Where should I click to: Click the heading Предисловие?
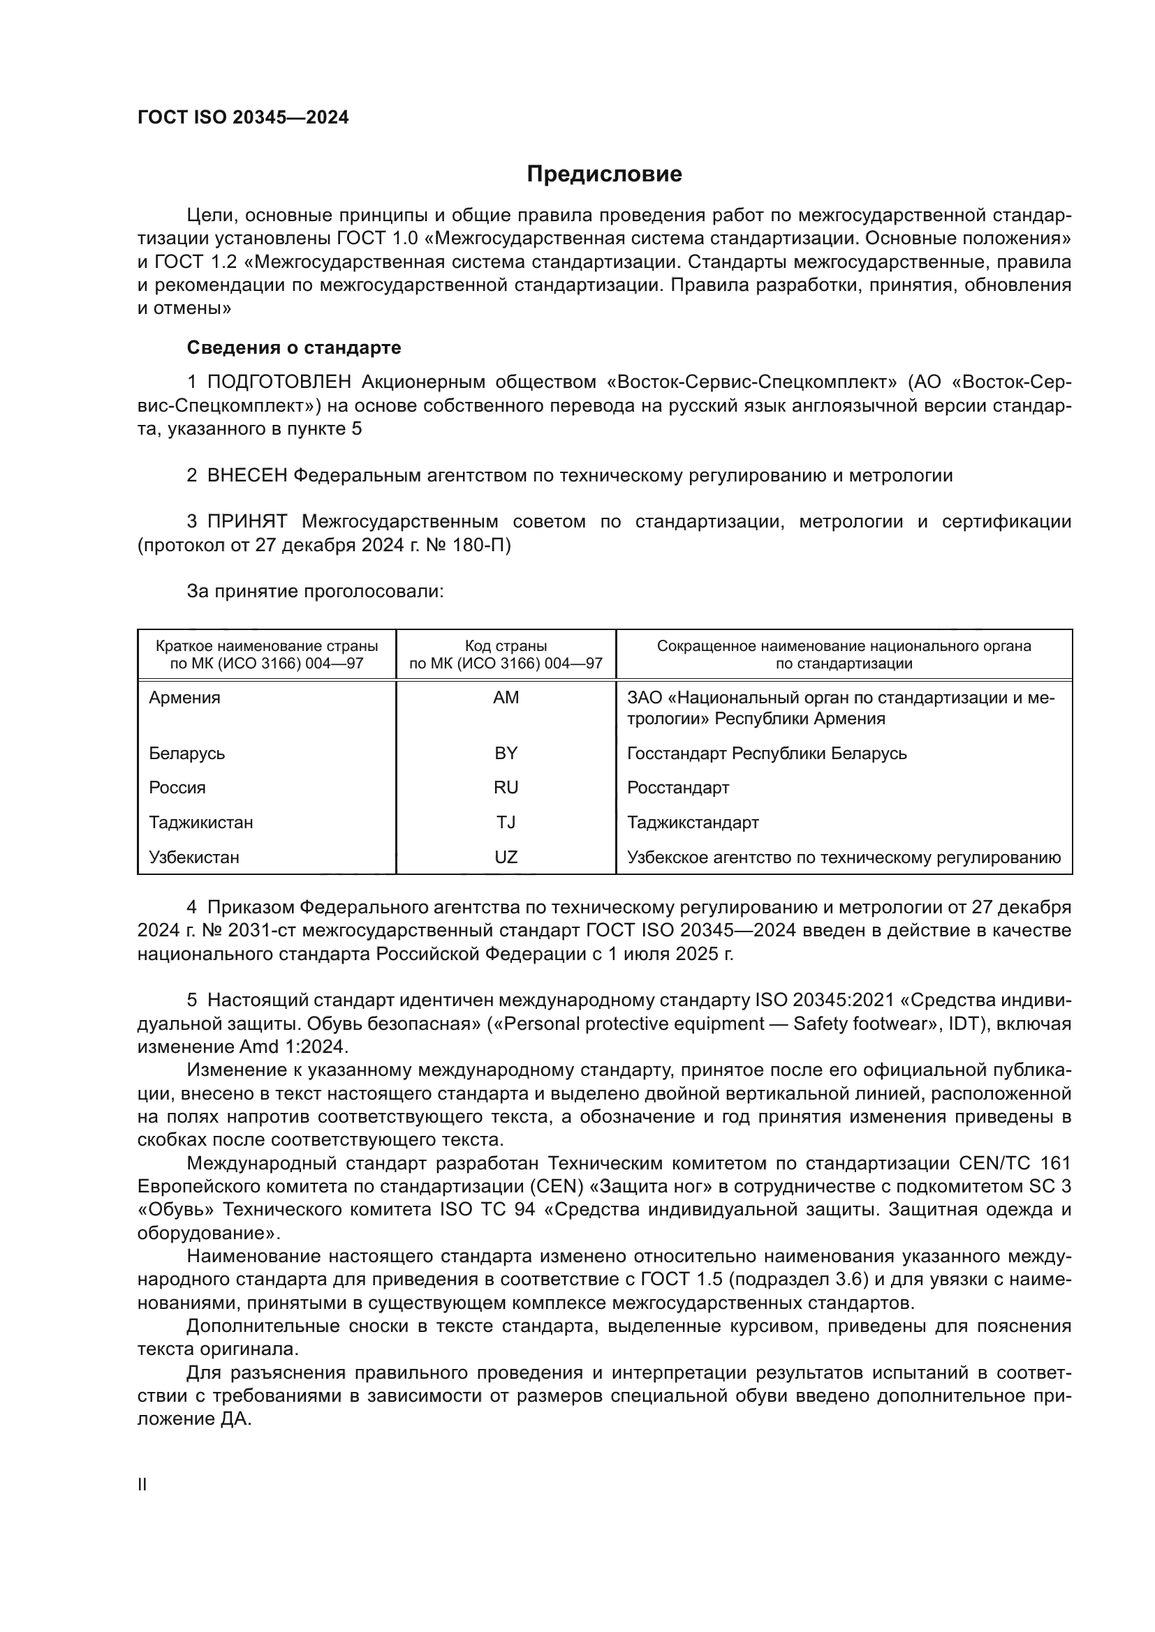(604, 174)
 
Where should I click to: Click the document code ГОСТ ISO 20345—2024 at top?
(243, 118)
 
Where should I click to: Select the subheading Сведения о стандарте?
(294, 347)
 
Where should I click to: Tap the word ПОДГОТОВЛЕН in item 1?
(279, 382)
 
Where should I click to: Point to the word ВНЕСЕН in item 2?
(247, 476)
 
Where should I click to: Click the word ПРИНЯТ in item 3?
(247, 522)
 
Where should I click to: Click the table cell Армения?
(185, 698)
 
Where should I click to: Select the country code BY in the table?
(506, 754)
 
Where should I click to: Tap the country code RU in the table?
(506, 788)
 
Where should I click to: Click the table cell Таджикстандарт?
(693, 823)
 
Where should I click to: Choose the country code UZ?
(506, 858)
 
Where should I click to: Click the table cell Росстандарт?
(678, 788)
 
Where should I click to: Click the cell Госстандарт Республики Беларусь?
(767, 754)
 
